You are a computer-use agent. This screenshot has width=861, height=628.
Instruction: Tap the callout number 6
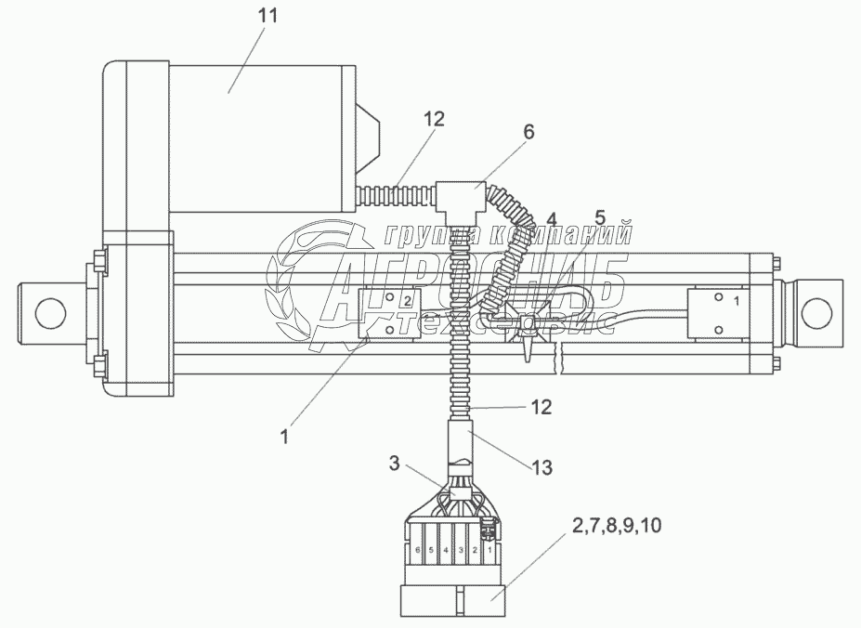pyautogui.click(x=528, y=133)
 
